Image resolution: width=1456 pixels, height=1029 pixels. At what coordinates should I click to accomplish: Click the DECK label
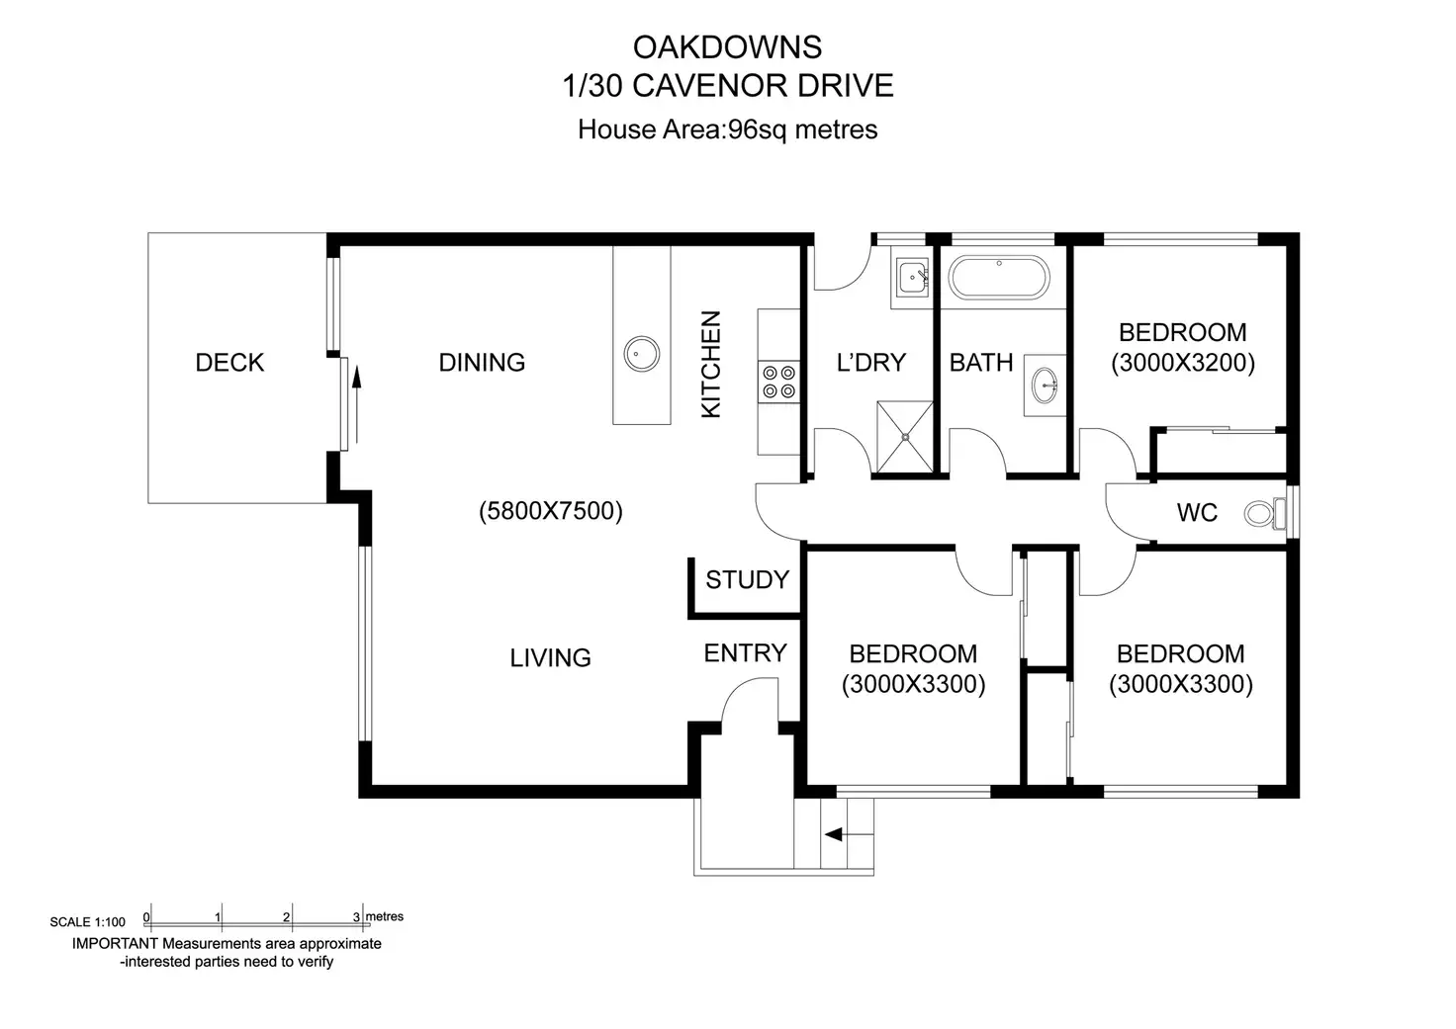229,363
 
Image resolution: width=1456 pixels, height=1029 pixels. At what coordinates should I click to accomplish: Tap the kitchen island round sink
642,354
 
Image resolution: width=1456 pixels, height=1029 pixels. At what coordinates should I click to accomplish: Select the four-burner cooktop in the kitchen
778,382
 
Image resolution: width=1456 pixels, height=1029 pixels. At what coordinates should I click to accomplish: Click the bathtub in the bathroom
998,278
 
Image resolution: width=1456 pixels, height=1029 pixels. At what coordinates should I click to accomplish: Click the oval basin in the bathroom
1045,386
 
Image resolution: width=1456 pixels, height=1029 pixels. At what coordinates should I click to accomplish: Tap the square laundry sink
913,278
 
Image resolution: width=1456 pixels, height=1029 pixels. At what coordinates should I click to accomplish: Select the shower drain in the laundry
905,437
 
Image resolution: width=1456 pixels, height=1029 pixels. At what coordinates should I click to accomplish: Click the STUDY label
747,579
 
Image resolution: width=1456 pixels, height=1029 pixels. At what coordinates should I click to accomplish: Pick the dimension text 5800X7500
551,511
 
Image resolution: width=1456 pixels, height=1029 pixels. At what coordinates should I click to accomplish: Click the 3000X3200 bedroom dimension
1182,363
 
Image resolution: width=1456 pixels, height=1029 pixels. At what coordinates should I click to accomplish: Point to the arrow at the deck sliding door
356,404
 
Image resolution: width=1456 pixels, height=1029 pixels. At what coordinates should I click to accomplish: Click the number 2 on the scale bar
286,917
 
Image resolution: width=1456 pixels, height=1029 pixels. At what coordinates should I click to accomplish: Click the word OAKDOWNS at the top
727,47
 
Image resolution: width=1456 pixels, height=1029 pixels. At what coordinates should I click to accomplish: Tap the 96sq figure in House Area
758,129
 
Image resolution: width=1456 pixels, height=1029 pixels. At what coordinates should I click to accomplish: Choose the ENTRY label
745,652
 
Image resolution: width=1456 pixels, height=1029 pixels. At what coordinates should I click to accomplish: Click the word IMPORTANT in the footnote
115,943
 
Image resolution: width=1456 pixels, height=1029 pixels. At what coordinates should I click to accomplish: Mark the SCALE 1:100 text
87,922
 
